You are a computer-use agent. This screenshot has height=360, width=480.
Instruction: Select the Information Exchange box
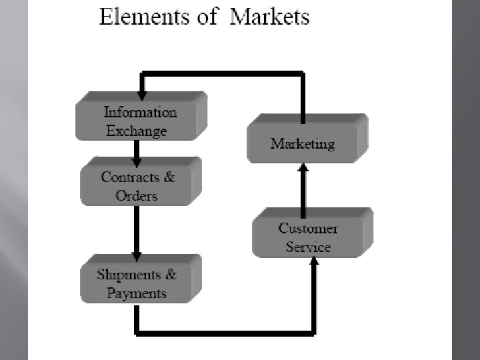[140, 120]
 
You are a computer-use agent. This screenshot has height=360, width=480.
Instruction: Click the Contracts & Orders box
[139, 185]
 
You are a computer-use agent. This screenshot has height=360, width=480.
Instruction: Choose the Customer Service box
[309, 237]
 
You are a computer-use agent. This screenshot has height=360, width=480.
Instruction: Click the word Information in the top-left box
[140, 112]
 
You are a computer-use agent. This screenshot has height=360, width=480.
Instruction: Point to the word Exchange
[137, 131]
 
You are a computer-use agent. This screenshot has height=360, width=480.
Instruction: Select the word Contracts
[131, 177]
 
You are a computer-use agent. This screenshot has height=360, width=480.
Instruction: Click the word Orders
[137, 195]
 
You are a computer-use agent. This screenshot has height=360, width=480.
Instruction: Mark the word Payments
[137, 293]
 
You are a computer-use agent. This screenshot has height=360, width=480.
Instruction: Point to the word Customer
[308, 229]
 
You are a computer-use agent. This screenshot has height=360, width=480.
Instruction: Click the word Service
[308, 247]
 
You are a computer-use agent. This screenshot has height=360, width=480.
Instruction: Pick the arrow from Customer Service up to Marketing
[303, 189]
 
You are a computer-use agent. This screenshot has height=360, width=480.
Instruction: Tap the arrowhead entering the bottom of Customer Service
[314, 261]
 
